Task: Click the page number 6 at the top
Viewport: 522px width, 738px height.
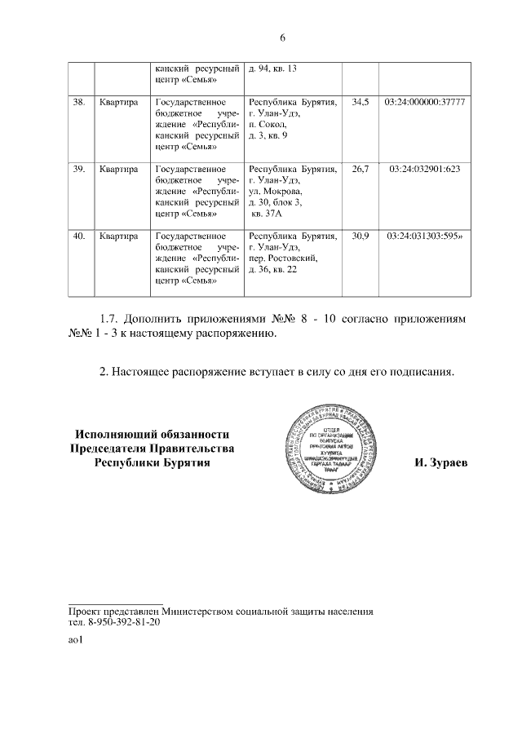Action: point(282,38)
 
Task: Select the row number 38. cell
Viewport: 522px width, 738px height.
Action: point(80,102)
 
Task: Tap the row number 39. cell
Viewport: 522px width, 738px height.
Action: point(80,169)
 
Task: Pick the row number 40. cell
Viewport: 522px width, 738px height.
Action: point(80,236)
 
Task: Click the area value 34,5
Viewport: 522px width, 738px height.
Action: point(361,102)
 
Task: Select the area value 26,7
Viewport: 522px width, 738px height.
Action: point(361,169)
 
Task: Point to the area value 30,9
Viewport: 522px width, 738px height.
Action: point(361,236)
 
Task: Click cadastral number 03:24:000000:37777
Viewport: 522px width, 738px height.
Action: point(424,102)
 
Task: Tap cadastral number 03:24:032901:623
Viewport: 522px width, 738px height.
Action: point(424,169)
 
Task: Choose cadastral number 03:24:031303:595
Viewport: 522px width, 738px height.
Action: point(424,236)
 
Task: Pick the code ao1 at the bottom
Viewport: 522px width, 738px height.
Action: point(76,640)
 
